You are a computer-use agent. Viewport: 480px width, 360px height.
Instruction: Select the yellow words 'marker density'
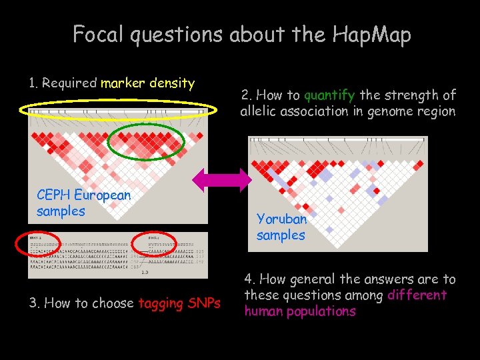pos(147,83)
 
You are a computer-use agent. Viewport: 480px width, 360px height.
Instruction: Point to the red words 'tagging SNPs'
pos(179,303)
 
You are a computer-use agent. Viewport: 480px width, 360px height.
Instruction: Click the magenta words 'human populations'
pos(300,311)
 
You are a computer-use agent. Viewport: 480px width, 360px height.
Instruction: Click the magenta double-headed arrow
pos(220,181)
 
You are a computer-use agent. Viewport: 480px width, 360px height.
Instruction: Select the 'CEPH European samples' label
pos(84,203)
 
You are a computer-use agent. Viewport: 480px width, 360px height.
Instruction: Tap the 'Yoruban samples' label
pos(281,227)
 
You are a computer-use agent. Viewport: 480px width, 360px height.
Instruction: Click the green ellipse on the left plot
pos(147,139)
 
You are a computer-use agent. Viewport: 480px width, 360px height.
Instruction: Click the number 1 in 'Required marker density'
pos(33,83)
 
